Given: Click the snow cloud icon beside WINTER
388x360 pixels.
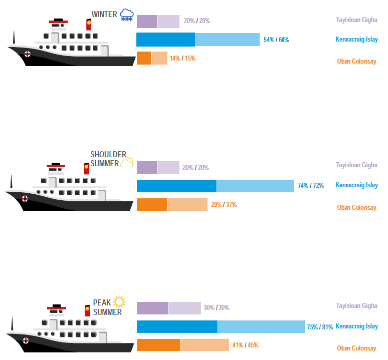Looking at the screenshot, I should [127, 15].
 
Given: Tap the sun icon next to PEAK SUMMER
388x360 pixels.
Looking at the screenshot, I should [119, 301].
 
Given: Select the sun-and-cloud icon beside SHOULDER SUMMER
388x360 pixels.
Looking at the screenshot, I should [127, 162].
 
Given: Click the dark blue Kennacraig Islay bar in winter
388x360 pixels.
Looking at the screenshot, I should [165, 40].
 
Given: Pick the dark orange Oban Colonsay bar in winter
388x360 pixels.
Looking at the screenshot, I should [144, 58].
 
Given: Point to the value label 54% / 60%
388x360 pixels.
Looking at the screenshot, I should [276, 40].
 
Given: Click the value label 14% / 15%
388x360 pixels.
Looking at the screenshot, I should [182, 58].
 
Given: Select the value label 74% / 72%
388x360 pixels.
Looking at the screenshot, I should [311, 185].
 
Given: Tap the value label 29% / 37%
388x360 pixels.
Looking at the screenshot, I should [224, 204].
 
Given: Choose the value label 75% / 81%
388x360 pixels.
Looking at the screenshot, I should [320, 327].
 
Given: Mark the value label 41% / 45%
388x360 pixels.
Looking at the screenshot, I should [246, 345].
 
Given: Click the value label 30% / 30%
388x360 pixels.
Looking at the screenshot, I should [217, 307].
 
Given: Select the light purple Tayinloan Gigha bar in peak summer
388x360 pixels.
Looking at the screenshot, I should [184, 308].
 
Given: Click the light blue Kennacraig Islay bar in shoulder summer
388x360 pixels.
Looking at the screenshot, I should [255, 186].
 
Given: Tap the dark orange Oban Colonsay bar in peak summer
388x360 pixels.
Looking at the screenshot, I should [158, 345].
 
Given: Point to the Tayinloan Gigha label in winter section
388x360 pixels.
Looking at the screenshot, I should [356, 20].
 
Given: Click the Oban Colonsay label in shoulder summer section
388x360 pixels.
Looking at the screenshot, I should [356, 207].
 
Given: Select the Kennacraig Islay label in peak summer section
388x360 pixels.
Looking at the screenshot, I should [357, 326].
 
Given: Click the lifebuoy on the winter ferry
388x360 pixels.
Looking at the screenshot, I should [27, 54].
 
